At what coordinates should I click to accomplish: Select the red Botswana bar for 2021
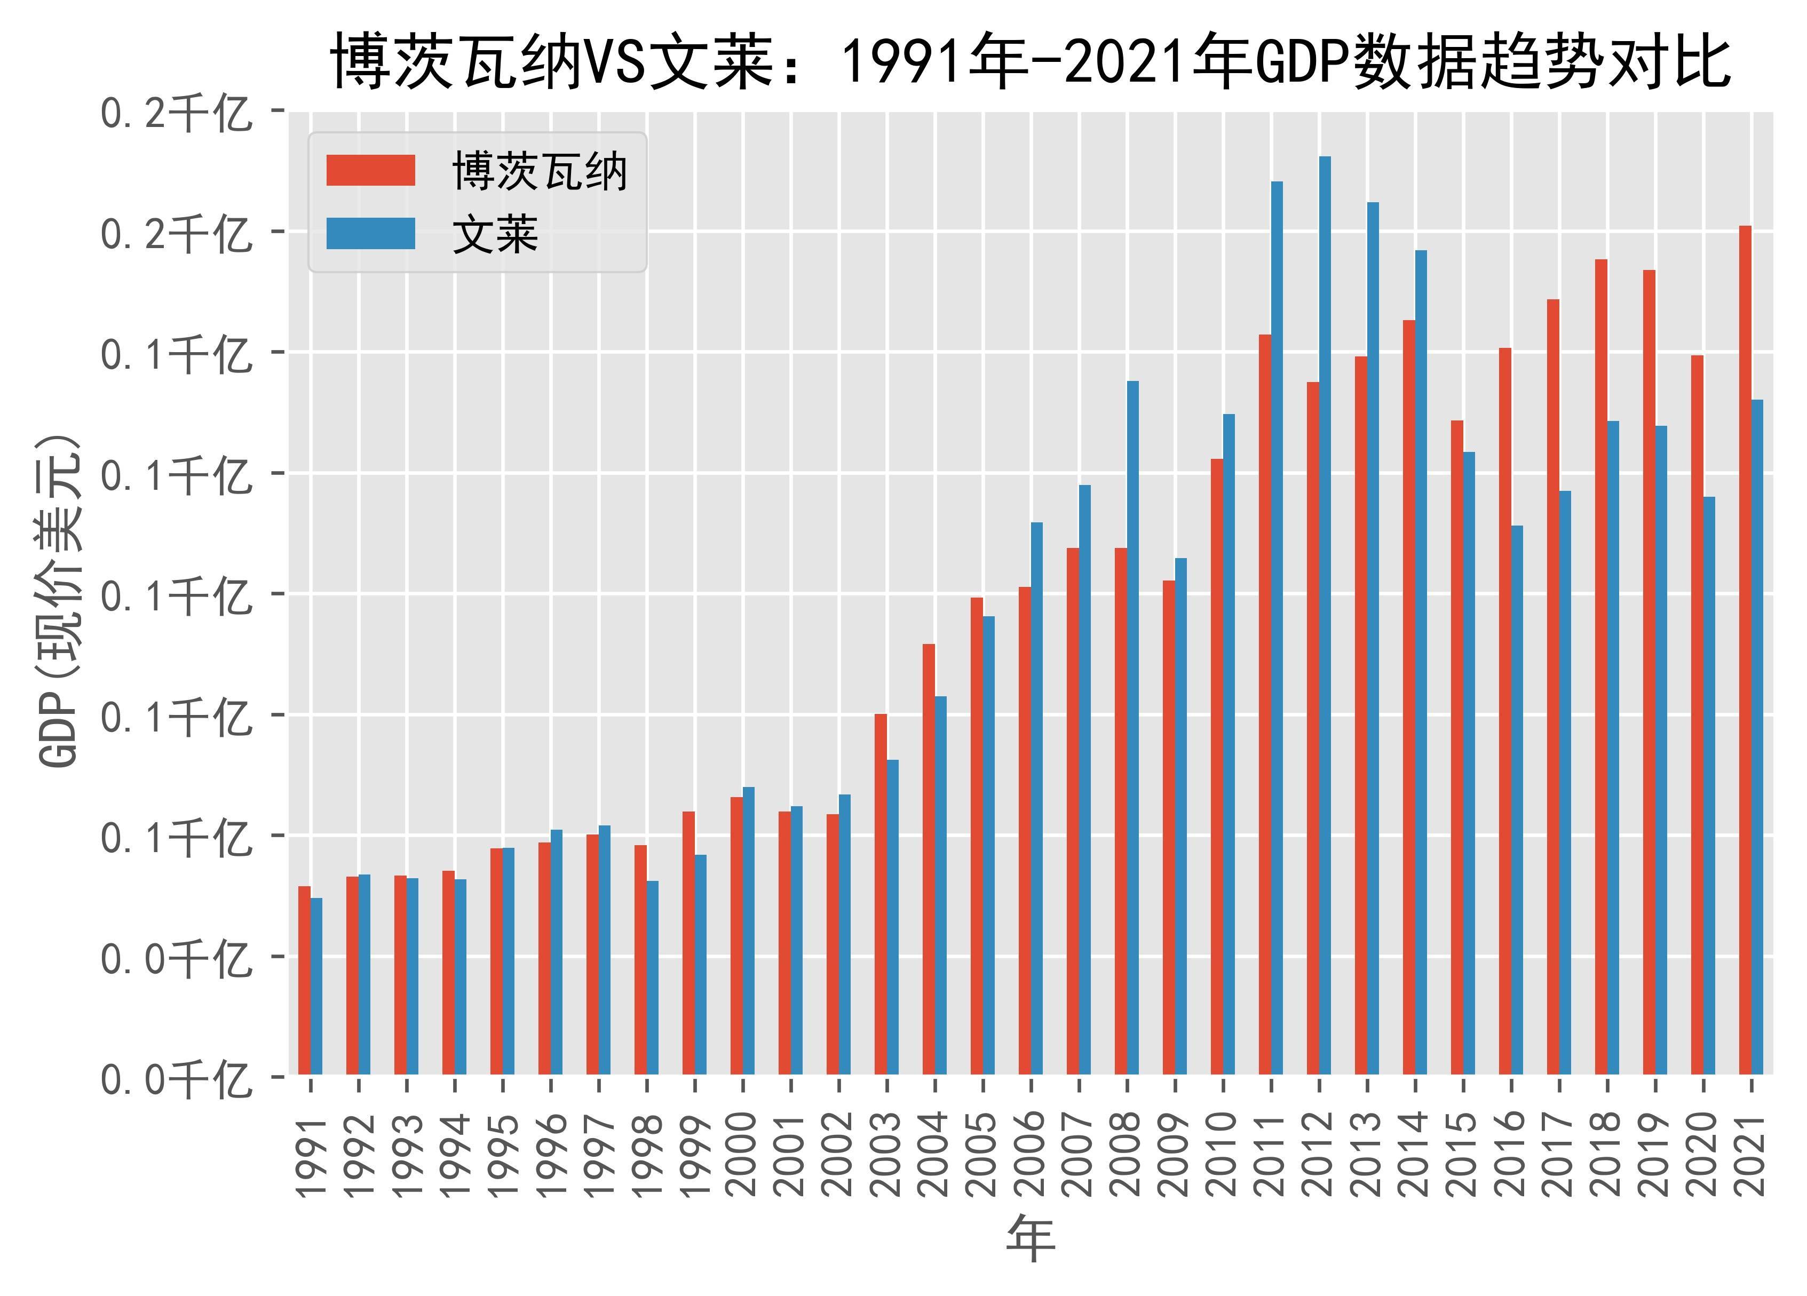coord(1745,650)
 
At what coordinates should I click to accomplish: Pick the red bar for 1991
coord(304,980)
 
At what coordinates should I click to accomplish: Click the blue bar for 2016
coord(1517,800)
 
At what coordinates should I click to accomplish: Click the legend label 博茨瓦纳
coord(540,171)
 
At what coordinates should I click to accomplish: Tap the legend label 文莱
coord(495,235)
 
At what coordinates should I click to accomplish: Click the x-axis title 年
coord(1031,1239)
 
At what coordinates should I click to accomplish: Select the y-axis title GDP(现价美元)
coord(60,601)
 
